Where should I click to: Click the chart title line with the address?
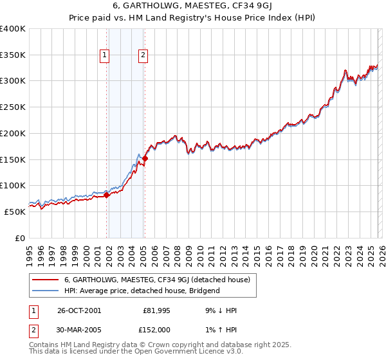tap(193, 8)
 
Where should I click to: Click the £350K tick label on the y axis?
tap(13, 55)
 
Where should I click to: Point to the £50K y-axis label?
tap(15, 212)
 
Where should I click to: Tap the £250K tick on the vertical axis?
tap(13, 107)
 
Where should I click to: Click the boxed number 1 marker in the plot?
tap(104, 56)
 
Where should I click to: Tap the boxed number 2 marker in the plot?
tap(142, 56)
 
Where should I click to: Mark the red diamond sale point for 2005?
tap(145, 158)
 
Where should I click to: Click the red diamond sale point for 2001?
tap(107, 195)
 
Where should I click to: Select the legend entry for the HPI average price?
tap(142, 291)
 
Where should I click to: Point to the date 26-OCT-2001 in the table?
tap(79, 310)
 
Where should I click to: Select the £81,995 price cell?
tap(156, 310)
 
